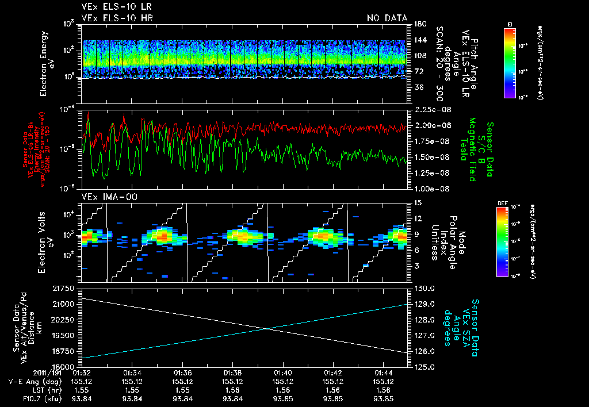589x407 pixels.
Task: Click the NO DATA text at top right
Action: point(387,18)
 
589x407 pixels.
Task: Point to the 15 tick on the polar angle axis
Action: point(417,203)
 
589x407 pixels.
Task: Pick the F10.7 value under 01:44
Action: point(383,399)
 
